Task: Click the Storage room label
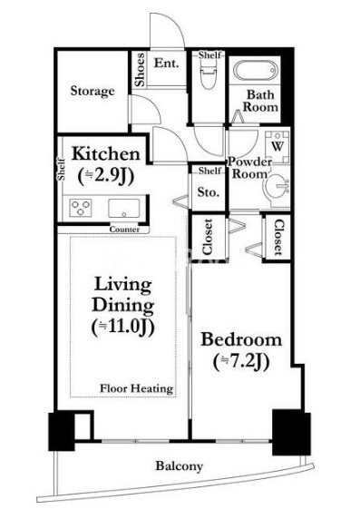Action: click(x=92, y=91)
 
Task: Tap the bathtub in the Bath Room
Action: click(x=255, y=71)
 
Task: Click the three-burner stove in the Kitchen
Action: click(x=81, y=208)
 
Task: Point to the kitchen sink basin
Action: click(x=124, y=208)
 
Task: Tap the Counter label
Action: click(x=124, y=230)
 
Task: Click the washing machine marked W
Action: click(x=277, y=146)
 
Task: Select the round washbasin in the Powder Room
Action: click(x=278, y=187)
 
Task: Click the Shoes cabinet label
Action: click(x=140, y=70)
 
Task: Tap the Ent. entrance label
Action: click(x=167, y=63)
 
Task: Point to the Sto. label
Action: click(x=209, y=192)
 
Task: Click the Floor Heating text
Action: click(x=137, y=388)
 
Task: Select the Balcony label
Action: click(x=179, y=466)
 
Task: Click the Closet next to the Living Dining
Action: click(x=208, y=237)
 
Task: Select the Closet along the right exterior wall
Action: click(x=278, y=237)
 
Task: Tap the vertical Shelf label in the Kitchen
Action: click(x=62, y=170)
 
